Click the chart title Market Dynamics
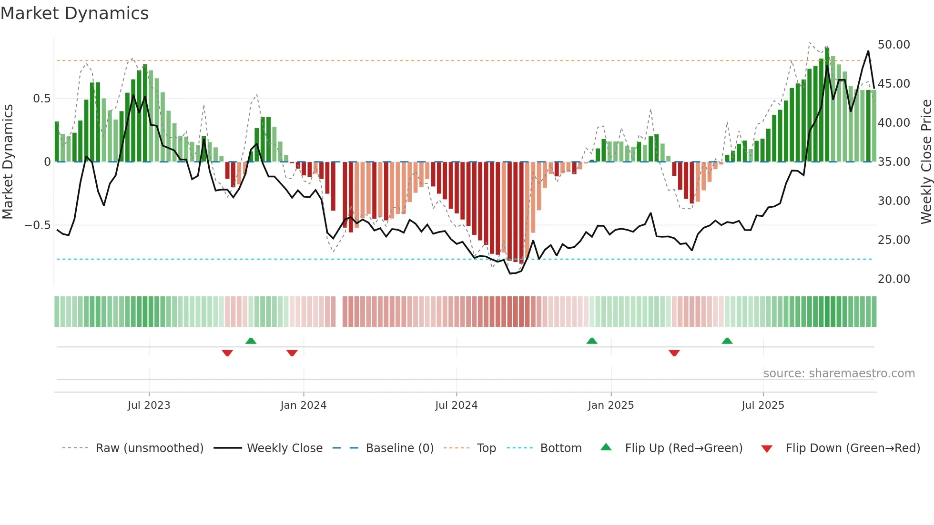click(x=74, y=13)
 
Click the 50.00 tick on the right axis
click(x=893, y=45)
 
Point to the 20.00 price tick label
click(x=893, y=279)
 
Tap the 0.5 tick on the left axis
click(x=41, y=99)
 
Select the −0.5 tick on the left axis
click(x=37, y=225)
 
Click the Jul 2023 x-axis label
click(x=149, y=405)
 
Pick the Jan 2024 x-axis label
click(x=303, y=405)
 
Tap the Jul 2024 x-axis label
click(x=456, y=405)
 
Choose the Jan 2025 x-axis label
click(x=610, y=405)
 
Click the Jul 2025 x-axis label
click(x=762, y=405)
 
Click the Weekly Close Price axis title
click(x=926, y=162)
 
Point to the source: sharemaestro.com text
click(x=839, y=374)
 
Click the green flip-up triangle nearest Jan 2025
click(x=591, y=341)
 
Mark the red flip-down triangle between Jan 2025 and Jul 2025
click(x=674, y=353)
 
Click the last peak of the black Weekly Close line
click(x=868, y=51)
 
